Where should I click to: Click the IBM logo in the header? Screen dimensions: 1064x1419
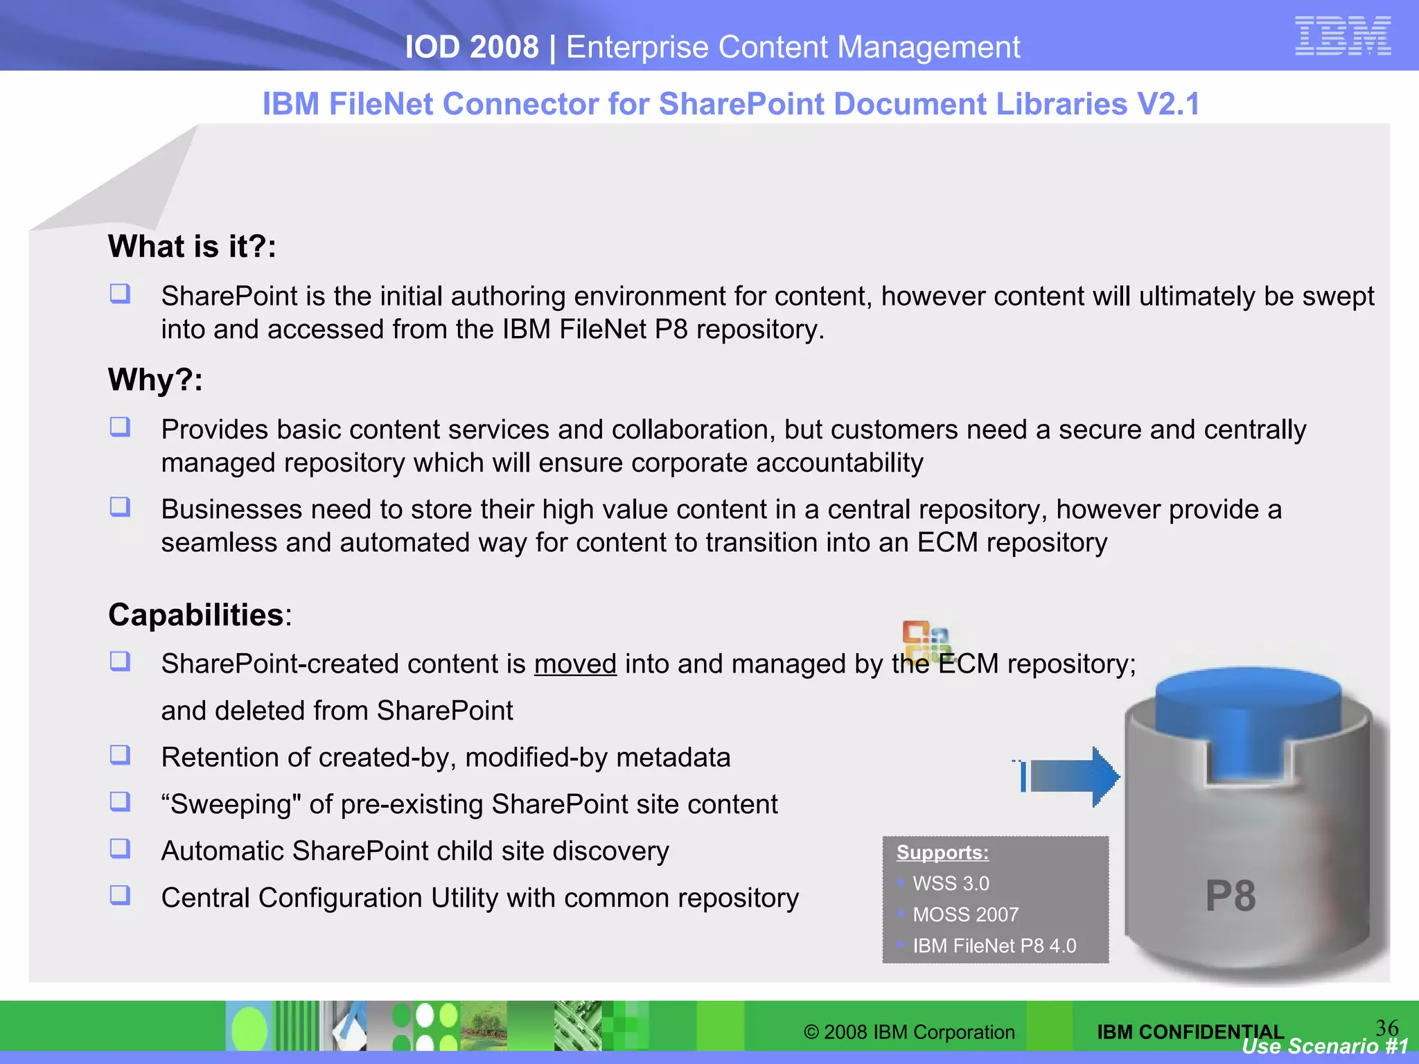[x=1342, y=35]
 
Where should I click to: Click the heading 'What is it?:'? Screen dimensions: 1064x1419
[x=192, y=247]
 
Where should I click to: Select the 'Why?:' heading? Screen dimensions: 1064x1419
[x=155, y=380]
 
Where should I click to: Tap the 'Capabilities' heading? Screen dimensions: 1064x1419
[x=196, y=614]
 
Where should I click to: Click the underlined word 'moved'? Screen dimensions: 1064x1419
[x=575, y=664]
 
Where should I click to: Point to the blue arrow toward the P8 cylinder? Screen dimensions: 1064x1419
[x=1070, y=776]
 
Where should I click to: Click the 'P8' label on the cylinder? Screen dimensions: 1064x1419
[x=1230, y=896]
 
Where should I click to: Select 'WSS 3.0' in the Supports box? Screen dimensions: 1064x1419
[x=951, y=884]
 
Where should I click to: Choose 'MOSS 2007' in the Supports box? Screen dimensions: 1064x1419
[x=965, y=914]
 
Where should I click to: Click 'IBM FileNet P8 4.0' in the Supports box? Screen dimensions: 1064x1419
[x=994, y=946]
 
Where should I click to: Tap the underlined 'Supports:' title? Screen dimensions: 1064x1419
[x=942, y=852]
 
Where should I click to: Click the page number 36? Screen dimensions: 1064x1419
[x=1386, y=1027]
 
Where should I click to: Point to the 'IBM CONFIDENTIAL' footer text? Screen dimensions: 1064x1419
[x=1190, y=1031]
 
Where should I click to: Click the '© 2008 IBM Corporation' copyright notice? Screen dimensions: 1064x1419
[x=909, y=1032]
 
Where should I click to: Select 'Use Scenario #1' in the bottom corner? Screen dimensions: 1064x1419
[x=1325, y=1046]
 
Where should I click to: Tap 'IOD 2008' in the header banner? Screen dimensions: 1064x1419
[x=471, y=47]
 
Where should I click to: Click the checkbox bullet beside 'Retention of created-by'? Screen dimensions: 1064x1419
[x=120, y=754]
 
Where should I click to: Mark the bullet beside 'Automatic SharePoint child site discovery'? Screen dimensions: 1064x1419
[x=120, y=848]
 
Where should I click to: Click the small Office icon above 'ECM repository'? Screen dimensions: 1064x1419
[x=925, y=639]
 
